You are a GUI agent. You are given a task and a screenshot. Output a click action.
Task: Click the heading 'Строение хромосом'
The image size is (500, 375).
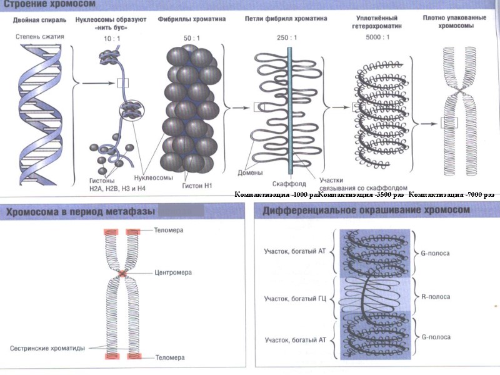pyautogui.click(x=47, y=5)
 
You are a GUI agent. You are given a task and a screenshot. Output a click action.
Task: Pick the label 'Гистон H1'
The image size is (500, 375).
pyautogui.click(x=198, y=185)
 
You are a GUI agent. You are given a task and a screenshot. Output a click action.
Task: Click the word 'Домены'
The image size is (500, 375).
pyautogui.click(x=250, y=173)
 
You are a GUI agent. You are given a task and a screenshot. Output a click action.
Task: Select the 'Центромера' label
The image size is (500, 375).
pyautogui.click(x=172, y=273)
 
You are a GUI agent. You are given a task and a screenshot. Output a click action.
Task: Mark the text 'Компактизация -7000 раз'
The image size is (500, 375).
pyautogui.click(x=455, y=195)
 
